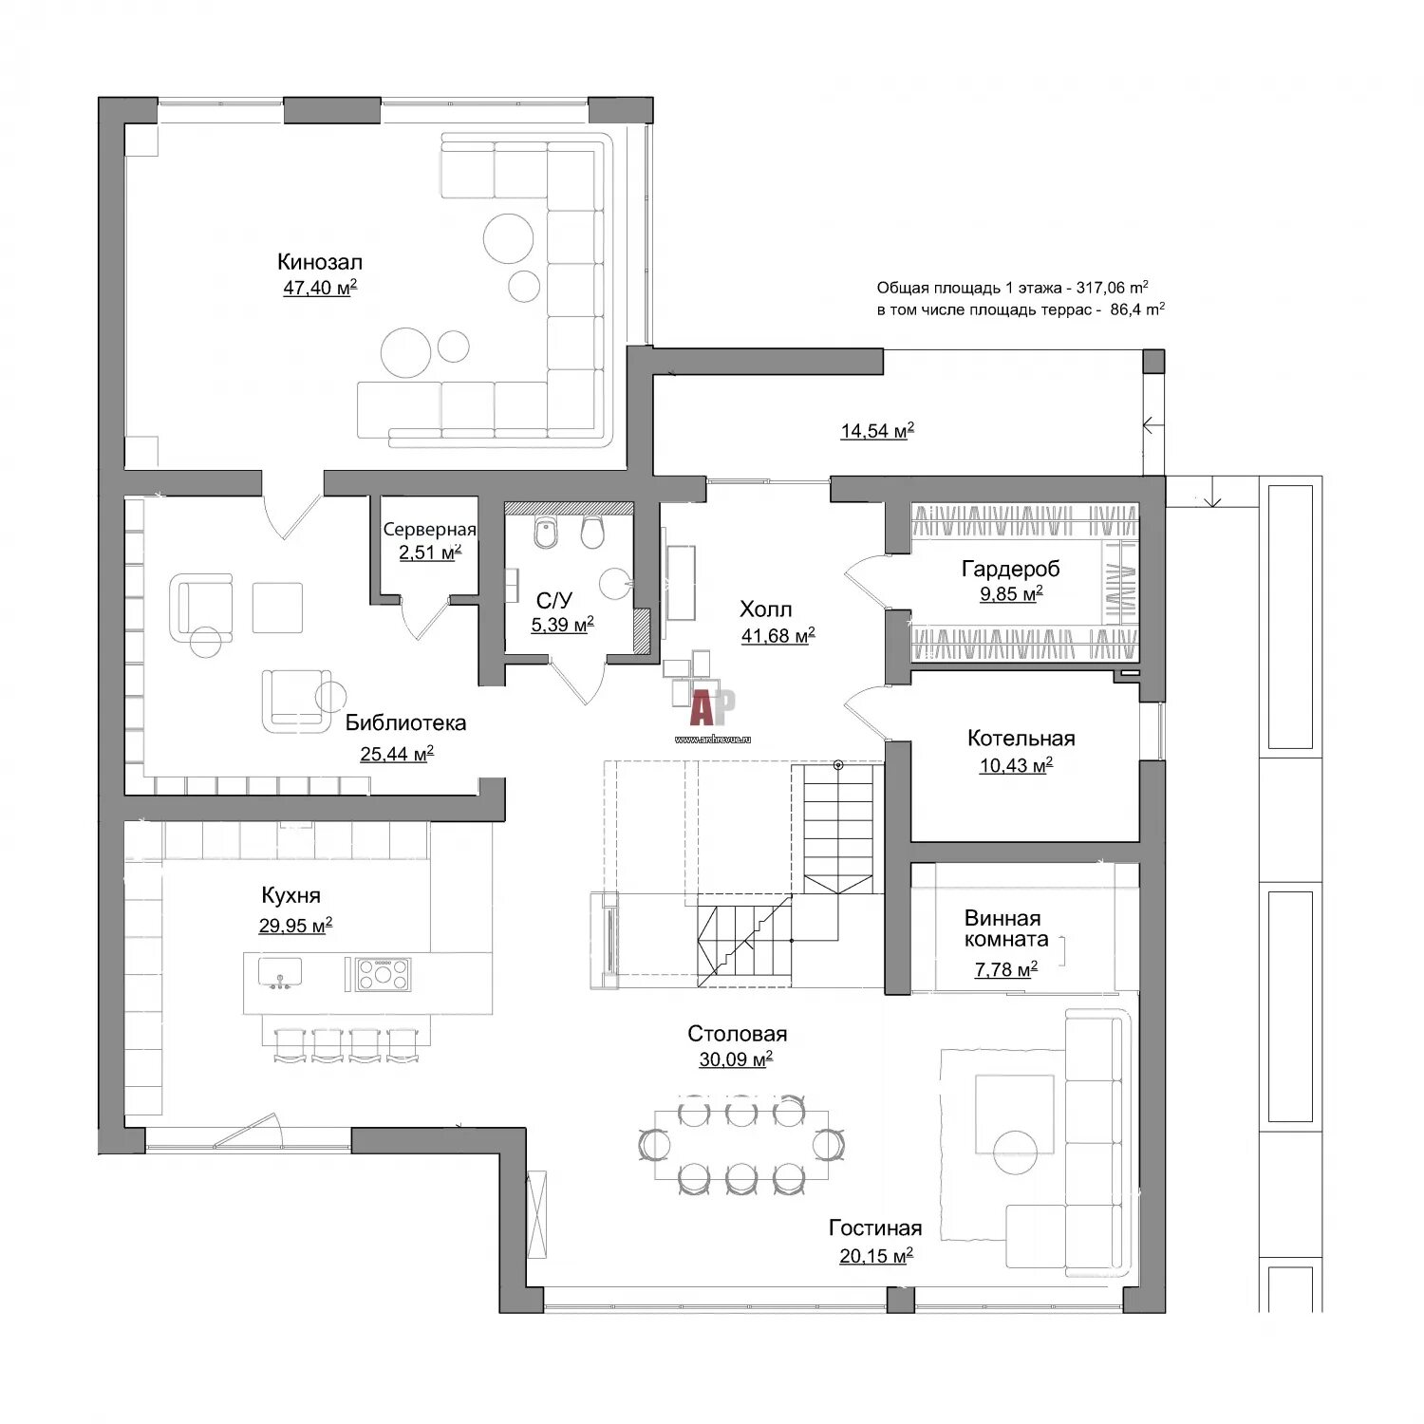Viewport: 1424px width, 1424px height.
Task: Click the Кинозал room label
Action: pyautogui.click(x=320, y=262)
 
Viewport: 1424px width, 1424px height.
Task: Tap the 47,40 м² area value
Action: pyautogui.click(x=320, y=288)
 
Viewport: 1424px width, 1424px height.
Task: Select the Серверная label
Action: pyautogui.click(x=429, y=530)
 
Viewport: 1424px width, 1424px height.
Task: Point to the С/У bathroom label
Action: pyautogui.click(x=554, y=600)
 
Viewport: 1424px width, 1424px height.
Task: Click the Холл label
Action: pyautogui.click(x=766, y=609)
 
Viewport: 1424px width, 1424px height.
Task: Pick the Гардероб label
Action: pyautogui.click(x=1011, y=570)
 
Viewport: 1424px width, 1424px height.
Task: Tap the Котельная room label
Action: pyautogui.click(x=1021, y=739)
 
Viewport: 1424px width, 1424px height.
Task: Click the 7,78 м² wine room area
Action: pyautogui.click(x=1006, y=969)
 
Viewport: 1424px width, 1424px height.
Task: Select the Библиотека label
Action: pyautogui.click(x=405, y=723)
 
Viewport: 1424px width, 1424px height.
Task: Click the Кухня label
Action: pyautogui.click(x=291, y=895)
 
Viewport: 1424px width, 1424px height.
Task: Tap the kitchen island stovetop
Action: pyautogui.click(x=384, y=974)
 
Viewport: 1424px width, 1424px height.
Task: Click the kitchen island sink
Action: pyautogui.click(x=280, y=972)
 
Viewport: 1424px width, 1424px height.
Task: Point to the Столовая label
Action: pyautogui.click(x=738, y=1034)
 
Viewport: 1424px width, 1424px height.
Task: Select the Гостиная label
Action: pyautogui.click(x=875, y=1228)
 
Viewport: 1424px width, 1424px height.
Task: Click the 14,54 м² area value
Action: pyautogui.click(x=877, y=431)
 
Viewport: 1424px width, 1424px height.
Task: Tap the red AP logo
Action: pyautogui.click(x=712, y=707)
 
